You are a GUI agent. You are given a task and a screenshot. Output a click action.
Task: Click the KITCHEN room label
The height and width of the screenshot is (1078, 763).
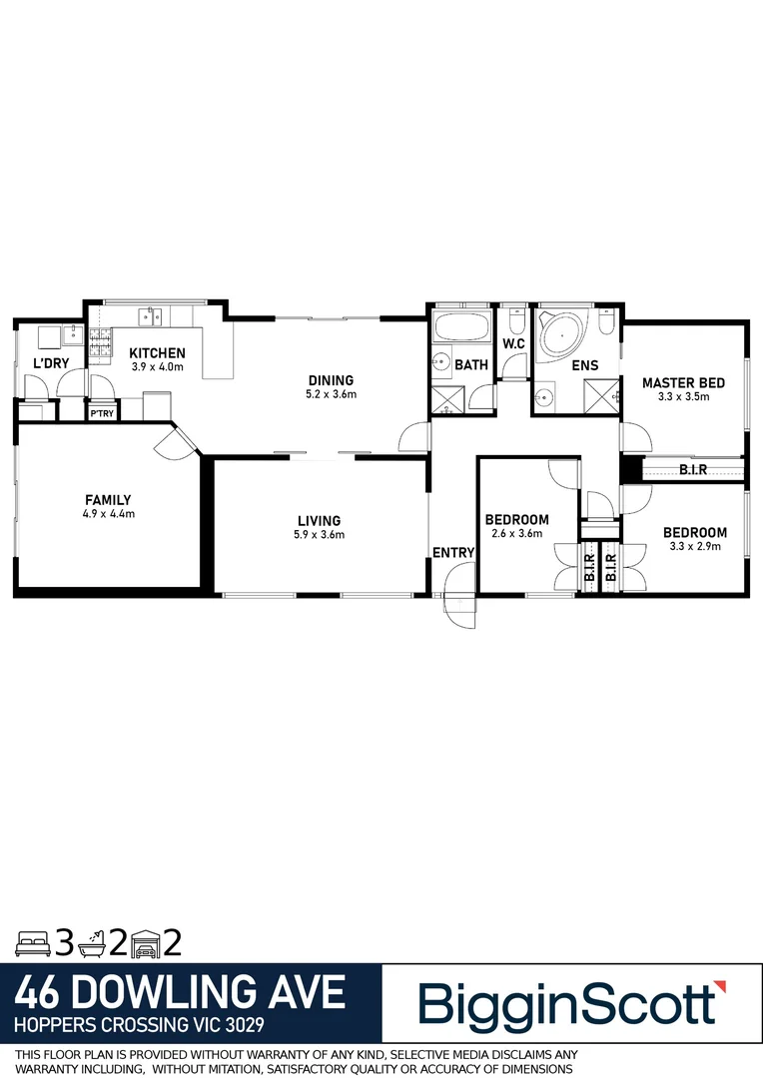point(158,352)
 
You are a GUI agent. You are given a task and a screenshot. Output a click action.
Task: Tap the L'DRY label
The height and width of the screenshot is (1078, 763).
point(51,363)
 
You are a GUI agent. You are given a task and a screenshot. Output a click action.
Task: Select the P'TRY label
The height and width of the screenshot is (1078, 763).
point(101,412)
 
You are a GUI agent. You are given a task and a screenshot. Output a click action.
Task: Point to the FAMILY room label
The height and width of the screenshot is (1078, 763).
point(108,500)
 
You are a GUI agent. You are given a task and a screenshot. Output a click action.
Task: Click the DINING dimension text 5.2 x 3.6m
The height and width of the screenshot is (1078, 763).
point(331,394)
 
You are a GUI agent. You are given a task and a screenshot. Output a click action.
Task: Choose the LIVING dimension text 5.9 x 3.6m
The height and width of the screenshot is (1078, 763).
point(319,535)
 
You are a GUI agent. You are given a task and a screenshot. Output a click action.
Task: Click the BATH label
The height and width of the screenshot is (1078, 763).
point(471,364)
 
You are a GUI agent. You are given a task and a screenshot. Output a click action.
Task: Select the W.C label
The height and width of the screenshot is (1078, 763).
point(514,344)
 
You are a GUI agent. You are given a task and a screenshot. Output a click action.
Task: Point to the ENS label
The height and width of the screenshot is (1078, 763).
point(585,364)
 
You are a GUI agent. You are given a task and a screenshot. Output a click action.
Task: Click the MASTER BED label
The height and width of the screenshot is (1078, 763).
point(683,382)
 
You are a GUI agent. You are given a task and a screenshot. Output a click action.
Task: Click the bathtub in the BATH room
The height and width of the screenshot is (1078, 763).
point(462,328)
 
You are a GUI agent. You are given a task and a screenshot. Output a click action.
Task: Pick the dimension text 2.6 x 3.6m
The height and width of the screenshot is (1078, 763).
point(516,534)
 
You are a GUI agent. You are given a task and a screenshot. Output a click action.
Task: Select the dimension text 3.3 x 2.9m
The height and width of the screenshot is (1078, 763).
point(694,546)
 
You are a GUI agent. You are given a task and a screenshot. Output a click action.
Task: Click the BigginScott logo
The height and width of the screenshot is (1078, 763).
point(567,1004)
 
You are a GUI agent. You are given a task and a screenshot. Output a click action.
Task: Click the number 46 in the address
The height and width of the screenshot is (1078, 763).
point(42,992)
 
